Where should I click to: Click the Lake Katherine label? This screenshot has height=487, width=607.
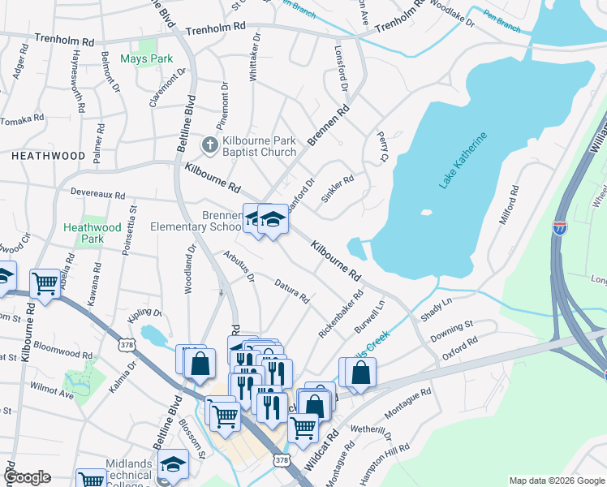tap(464, 161)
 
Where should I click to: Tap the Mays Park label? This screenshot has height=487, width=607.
tap(147, 58)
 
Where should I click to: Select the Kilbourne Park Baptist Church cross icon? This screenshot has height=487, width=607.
tap(209, 145)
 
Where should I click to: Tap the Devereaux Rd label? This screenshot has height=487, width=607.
tap(97, 196)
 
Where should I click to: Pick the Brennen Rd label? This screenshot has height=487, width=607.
tap(329, 125)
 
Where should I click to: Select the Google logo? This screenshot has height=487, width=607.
tap(28, 477)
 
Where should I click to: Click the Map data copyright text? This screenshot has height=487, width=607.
tap(556, 481)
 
